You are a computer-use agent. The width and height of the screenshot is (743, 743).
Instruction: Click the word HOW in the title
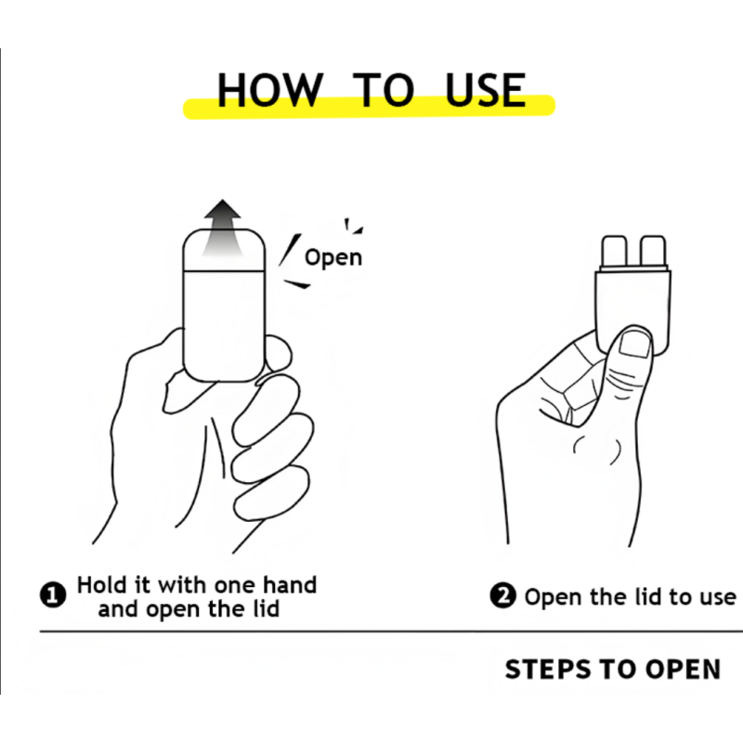click(270, 89)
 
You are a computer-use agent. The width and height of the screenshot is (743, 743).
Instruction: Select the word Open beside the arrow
click(332, 256)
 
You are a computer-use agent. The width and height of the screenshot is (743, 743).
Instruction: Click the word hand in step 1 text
click(288, 585)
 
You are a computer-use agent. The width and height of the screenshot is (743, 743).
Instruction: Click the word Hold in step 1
click(100, 585)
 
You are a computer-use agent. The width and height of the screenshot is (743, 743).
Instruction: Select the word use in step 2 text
click(713, 597)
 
